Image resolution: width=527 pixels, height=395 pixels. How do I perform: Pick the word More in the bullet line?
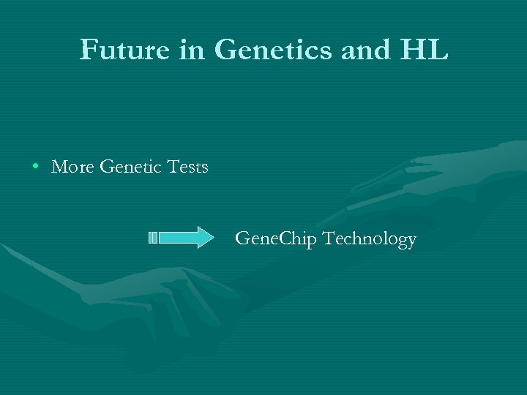[73, 168]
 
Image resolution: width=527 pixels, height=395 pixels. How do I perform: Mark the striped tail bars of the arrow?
[153, 238]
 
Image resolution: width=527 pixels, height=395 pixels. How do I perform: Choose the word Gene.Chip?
[277, 239]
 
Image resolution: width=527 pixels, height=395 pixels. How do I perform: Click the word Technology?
[370, 239]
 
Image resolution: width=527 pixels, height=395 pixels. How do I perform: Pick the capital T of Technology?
[329, 238]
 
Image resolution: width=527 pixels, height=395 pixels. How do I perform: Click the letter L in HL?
[437, 50]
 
